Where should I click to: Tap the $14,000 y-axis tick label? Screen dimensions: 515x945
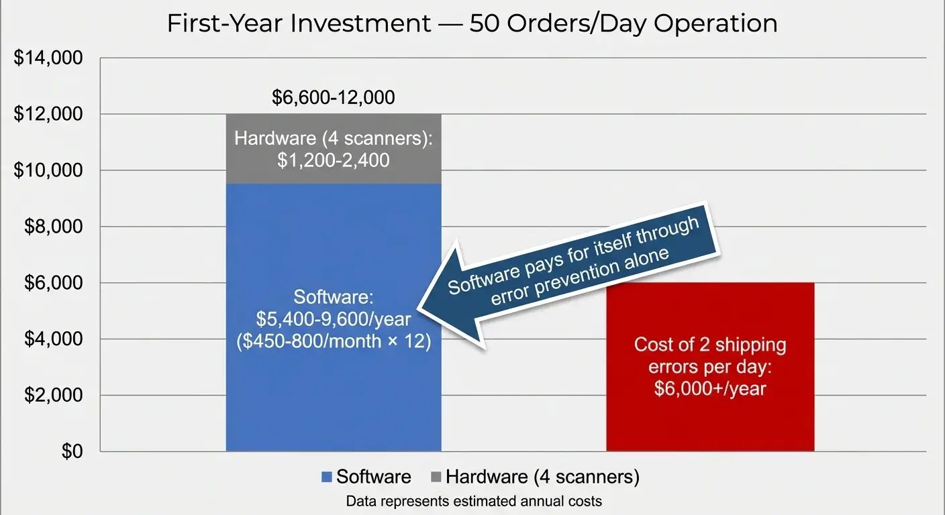tap(48, 58)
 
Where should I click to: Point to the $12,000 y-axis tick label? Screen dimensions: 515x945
tap(48, 115)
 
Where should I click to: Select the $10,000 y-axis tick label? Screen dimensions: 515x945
tap(48, 171)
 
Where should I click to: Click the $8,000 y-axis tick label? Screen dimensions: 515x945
tap(54, 227)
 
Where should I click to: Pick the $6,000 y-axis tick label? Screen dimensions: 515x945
tap(54, 284)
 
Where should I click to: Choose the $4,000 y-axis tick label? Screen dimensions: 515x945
tap(54, 339)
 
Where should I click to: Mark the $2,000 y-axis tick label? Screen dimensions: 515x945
tap(54, 396)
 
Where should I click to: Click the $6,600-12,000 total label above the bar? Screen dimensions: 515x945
tap(333, 98)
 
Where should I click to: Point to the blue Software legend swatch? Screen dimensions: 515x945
tap(327, 477)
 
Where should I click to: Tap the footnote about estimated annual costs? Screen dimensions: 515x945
tap(473, 501)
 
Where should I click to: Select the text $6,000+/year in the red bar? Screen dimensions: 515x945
tap(709, 388)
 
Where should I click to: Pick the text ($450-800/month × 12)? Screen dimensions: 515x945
tap(334, 339)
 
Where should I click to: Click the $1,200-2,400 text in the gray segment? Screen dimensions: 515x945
tap(333, 161)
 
